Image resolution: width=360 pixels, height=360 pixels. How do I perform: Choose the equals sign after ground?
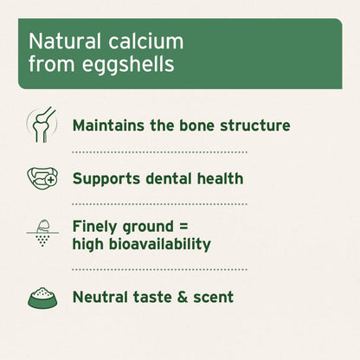(x=194, y=226)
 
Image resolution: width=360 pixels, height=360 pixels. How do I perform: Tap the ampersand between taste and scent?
(x=185, y=297)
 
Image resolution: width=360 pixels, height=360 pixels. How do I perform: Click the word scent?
(x=214, y=297)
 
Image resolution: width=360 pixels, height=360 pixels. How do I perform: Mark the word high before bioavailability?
(x=90, y=244)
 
